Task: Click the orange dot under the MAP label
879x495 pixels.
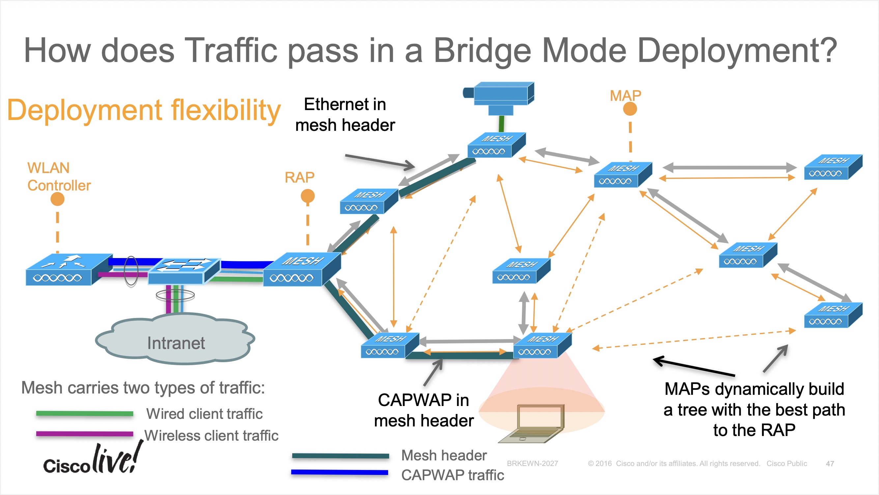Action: [630, 109]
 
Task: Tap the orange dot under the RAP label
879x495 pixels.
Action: [307, 196]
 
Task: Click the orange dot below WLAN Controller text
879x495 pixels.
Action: [57, 199]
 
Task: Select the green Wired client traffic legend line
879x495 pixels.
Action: [84, 413]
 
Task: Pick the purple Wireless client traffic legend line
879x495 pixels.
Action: [84, 434]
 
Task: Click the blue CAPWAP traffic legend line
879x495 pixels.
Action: [340, 473]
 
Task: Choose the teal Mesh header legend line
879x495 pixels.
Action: [340, 456]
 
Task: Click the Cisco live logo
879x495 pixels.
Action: [92, 459]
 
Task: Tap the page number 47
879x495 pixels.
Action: [830, 464]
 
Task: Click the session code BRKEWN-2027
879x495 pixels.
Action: [532, 464]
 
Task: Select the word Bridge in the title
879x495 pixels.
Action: [482, 50]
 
